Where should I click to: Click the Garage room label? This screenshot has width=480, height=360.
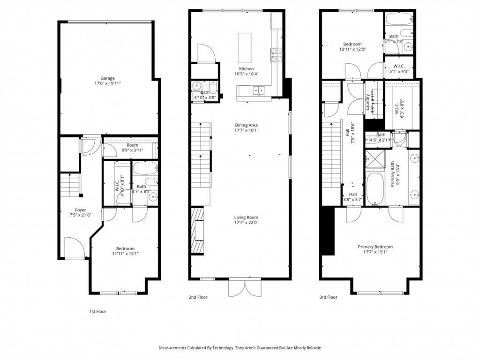click(x=107, y=78)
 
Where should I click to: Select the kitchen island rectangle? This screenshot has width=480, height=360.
click(x=245, y=47)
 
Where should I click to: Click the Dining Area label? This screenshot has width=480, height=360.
click(x=247, y=125)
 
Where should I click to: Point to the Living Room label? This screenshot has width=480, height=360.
click(x=247, y=217)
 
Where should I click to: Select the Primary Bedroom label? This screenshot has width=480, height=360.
click(x=375, y=247)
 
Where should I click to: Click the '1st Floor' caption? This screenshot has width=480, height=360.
click(x=97, y=311)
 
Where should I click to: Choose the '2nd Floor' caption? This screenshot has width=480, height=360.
click(x=198, y=297)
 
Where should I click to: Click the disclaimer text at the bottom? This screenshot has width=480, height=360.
click(x=240, y=348)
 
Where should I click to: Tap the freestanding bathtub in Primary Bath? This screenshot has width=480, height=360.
click(x=375, y=189)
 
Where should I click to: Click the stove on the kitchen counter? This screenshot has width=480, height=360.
click(x=274, y=55)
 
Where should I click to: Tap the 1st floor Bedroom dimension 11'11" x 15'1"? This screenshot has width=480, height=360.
click(x=125, y=254)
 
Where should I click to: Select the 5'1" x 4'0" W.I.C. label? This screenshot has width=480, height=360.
click(x=399, y=72)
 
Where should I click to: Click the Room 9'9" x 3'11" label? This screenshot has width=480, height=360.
click(x=132, y=150)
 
